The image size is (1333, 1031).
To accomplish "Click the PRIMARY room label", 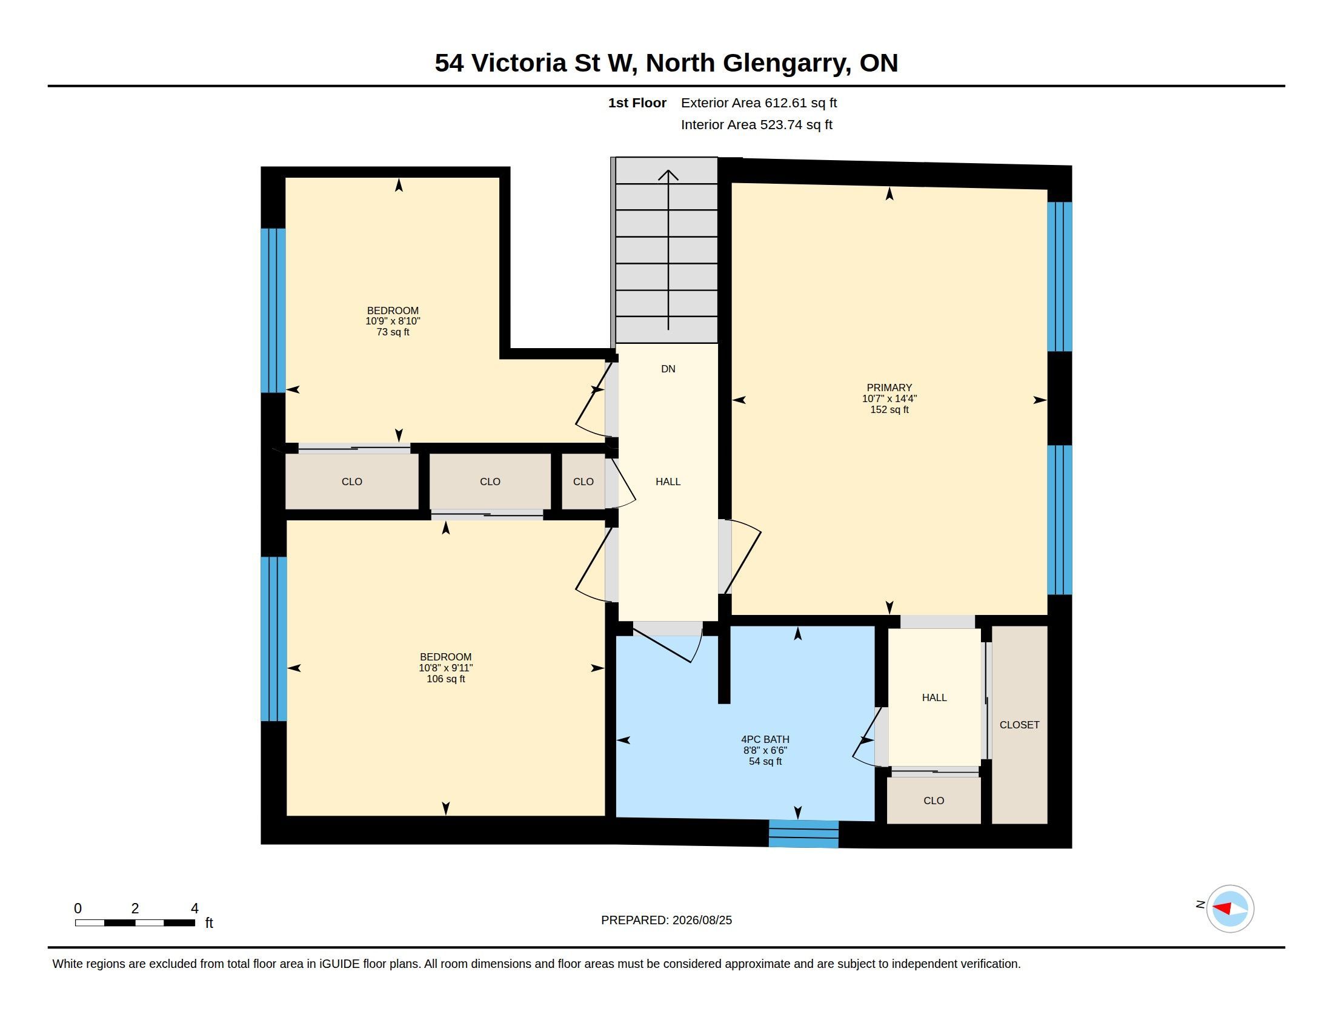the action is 889,388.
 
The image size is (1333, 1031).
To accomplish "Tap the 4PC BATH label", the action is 765,739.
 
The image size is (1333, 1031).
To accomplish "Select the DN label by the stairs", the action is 668,368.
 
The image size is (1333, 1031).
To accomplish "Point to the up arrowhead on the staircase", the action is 668,176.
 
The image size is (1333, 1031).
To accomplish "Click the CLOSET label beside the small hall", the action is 1019,724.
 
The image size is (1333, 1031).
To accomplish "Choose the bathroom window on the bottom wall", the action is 803,834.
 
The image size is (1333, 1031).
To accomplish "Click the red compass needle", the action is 1221,909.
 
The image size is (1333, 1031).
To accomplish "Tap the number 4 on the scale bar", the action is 194,908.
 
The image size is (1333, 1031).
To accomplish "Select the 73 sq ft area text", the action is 393,332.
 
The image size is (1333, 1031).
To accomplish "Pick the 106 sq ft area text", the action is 445,679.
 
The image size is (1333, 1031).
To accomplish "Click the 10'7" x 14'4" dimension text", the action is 889,398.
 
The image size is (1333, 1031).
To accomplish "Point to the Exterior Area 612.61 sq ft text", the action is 759,102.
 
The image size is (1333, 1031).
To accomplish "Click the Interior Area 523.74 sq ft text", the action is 756,124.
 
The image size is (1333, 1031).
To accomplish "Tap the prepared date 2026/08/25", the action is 702,920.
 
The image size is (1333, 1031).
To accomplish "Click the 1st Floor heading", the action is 637,102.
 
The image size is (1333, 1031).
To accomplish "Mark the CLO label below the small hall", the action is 933,800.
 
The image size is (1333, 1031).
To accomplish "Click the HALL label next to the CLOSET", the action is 934,697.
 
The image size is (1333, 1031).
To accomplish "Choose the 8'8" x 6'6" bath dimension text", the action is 765,750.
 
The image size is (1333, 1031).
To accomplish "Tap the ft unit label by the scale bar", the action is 209,922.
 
